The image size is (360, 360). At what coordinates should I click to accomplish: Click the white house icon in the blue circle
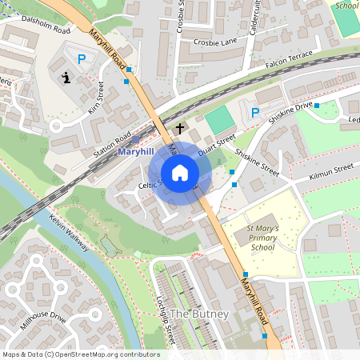click(x=180, y=173)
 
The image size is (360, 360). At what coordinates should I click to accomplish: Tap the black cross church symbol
click(x=180, y=128)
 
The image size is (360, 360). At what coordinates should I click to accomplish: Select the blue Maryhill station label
click(x=134, y=151)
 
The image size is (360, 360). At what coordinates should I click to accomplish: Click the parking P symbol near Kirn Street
click(x=82, y=58)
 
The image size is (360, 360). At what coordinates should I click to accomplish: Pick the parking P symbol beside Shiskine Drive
click(x=255, y=114)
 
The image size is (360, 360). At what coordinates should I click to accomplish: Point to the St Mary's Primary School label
click(x=262, y=238)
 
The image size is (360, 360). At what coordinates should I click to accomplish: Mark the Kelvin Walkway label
click(x=67, y=230)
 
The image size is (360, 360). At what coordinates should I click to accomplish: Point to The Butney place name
click(x=200, y=314)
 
